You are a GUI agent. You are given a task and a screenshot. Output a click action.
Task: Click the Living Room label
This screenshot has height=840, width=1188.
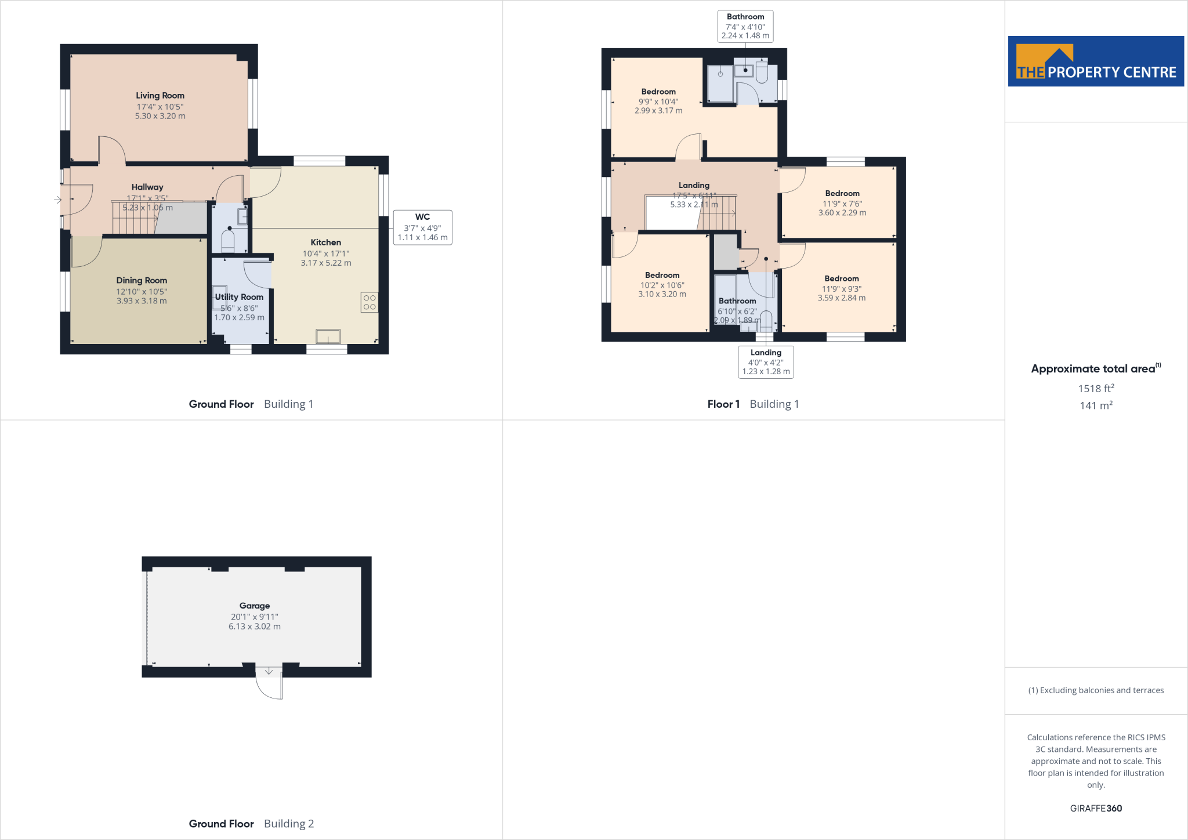(x=160, y=96)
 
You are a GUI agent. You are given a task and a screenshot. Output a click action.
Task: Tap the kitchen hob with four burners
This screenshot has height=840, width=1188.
(x=370, y=302)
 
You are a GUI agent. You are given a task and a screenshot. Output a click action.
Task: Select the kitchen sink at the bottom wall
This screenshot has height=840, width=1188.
(x=328, y=336)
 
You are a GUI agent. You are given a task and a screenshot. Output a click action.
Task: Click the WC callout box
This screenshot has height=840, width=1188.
(x=422, y=227)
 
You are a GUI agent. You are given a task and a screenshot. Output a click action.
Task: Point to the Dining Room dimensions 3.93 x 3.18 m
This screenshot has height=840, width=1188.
(x=142, y=301)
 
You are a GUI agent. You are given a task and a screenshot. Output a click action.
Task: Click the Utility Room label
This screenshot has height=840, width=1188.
(x=239, y=297)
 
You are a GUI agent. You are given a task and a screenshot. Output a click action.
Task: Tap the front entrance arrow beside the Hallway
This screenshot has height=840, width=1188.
(x=57, y=200)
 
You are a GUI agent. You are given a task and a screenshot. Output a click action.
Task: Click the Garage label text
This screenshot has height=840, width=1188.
(x=255, y=606)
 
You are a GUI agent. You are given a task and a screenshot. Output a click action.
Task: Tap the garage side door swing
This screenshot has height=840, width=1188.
(x=269, y=685)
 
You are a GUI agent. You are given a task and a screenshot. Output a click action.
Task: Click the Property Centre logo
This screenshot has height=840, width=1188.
(x=1096, y=61)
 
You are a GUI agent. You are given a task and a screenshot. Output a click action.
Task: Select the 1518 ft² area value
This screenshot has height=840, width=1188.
(x=1096, y=389)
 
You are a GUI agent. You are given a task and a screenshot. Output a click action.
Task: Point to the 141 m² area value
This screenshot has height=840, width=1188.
(x=1096, y=405)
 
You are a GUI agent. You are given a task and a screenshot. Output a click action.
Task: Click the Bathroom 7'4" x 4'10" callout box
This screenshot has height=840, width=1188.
(x=745, y=26)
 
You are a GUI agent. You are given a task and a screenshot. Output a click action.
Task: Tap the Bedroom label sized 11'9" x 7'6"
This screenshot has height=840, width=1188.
(x=842, y=194)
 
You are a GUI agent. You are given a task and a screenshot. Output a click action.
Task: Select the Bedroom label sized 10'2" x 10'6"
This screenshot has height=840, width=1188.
(x=662, y=276)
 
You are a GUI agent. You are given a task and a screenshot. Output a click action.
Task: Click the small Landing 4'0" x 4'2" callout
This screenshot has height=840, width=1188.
(x=766, y=362)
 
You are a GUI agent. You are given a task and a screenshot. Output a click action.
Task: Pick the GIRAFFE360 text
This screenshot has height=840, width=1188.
(x=1096, y=808)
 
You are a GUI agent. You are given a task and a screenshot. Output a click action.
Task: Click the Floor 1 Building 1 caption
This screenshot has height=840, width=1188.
(x=753, y=404)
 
